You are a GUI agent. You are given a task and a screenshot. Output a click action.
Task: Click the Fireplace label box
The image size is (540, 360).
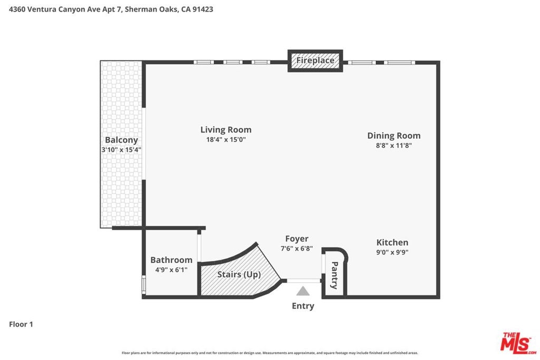click(x=315, y=61)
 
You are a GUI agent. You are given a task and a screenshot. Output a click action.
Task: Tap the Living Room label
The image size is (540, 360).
click(x=226, y=130)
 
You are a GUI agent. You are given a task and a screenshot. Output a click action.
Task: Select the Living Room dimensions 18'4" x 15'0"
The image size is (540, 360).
click(x=226, y=140)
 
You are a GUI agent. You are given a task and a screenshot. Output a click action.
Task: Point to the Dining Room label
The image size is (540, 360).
click(x=393, y=135)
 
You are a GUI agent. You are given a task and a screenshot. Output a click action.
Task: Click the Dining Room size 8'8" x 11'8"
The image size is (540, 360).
click(x=393, y=145)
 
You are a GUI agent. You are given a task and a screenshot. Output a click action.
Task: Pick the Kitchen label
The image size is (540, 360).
click(x=392, y=242)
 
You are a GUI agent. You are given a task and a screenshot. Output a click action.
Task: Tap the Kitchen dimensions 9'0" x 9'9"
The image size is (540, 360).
click(x=392, y=252)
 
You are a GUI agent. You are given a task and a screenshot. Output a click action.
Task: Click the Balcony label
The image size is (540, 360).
click(x=121, y=140)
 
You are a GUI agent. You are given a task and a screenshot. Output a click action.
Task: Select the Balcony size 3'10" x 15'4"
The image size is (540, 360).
click(x=121, y=150)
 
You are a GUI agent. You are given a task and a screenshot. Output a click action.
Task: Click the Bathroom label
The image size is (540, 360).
click(x=171, y=260)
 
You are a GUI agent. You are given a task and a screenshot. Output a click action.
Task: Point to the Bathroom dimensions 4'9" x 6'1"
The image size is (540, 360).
click(x=171, y=269)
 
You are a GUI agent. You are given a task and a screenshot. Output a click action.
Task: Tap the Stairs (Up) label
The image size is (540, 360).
click(x=239, y=275)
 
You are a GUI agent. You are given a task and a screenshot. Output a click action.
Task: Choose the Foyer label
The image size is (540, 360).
click(x=296, y=239)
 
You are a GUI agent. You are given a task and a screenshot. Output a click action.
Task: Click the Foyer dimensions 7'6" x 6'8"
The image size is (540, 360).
click(x=296, y=248)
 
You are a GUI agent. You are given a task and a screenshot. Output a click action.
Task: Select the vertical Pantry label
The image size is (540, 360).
click(x=334, y=275)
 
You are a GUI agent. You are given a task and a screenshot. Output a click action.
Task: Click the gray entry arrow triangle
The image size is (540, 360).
click(x=303, y=291)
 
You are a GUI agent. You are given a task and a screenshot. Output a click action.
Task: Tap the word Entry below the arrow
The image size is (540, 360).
click(x=303, y=306)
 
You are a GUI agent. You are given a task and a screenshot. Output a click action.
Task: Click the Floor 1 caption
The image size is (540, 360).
click(x=21, y=324)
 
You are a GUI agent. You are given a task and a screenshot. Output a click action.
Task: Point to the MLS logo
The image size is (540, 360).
click(x=518, y=343)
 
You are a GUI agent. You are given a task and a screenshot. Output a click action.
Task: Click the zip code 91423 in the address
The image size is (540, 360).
click(x=203, y=9)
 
